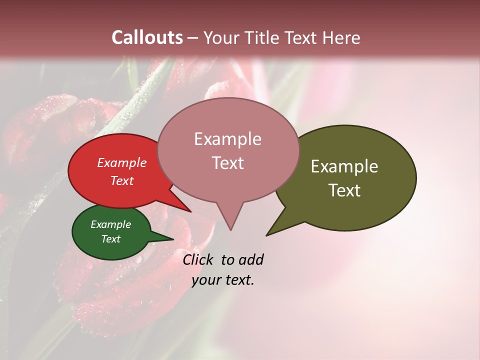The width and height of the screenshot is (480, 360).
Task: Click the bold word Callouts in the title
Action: tap(147, 37)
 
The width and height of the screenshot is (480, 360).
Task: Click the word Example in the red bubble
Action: tap(121, 162)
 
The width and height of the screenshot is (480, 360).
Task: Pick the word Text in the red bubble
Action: tap(121, 180)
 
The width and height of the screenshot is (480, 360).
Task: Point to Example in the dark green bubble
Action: tap(110, 224)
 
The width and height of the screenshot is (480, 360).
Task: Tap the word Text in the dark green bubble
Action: tap(110, 239)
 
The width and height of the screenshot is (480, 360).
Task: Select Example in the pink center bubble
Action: tap(227, 139)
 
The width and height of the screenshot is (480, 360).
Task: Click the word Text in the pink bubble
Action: tap(227, 162)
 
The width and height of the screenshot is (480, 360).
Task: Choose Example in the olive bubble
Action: tap(344, 166)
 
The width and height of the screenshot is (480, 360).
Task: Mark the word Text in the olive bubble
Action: tap(344, 190)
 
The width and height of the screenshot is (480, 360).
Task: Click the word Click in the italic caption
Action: tap(199, 259)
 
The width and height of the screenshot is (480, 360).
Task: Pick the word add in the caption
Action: tap(250, 259)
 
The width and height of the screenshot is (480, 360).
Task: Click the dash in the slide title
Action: tap(193, 38)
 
